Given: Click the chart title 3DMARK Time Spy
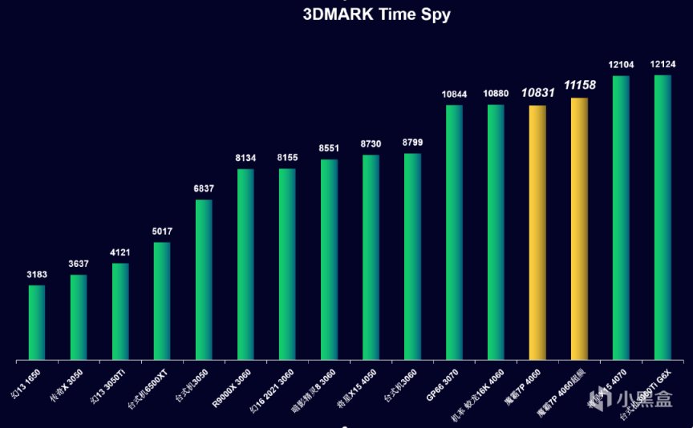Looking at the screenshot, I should click(x=376, y=14).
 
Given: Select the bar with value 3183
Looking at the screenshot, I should click(x=37, y=322).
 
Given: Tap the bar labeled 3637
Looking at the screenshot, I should click(x=79, y=317).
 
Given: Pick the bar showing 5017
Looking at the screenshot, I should click(x=162, y=301).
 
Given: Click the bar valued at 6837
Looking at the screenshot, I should click(x=204, y=279).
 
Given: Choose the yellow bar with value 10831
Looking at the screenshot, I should click(x=537, y=232).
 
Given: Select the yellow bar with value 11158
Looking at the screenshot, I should click(x=579, y=228).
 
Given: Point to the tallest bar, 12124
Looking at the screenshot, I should click(x=663, y=217).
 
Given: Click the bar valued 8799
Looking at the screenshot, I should click(x=412, y=256).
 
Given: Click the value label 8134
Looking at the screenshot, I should click(x=245, y=159).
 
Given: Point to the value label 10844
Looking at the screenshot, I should click(x=454, y=95).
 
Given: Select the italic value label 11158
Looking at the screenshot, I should click(x=579, y=85).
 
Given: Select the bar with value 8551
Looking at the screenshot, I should click(x=329, y=259).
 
